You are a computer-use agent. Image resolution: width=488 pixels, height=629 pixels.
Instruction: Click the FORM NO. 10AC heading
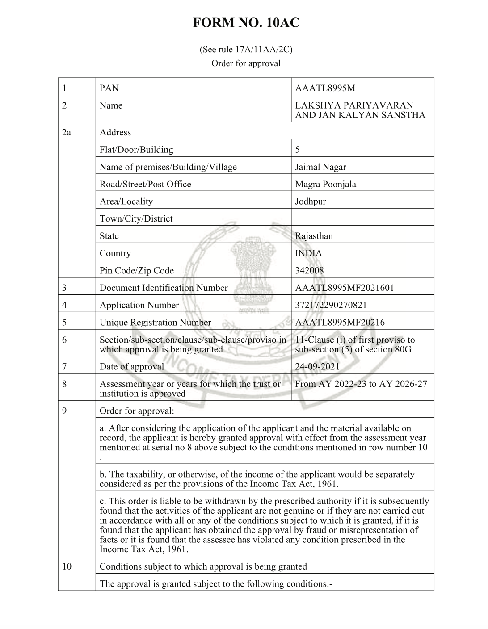point(246,23)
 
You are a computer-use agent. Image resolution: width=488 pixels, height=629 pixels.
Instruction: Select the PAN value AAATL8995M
point(325,88)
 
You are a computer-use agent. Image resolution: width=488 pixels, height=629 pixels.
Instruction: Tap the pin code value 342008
point(309,270)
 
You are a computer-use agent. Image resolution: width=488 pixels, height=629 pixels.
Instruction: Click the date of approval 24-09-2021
point(317,367)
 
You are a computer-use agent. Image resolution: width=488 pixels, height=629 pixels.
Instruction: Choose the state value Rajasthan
point(314,236)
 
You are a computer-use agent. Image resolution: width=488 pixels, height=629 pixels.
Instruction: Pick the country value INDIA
point(308,253)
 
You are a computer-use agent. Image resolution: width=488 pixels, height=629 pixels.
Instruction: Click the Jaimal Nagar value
point(320,167)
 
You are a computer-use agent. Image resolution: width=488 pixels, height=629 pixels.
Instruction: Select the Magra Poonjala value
point(325,184)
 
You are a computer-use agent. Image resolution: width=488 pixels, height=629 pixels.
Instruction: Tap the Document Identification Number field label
point(164,288)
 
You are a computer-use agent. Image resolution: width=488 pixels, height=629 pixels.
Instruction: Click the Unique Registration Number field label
point(155,323)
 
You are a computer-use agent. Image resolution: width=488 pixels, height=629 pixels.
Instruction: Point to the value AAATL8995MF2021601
point(344,288)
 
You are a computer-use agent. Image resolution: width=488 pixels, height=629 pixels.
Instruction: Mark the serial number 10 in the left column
point(67,566)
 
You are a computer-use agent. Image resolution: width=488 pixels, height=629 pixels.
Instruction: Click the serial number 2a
point(66,132)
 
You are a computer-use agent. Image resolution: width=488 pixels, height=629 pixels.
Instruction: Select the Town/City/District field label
point(136,218)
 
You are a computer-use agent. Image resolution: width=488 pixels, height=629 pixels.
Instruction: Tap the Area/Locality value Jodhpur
point(310,201)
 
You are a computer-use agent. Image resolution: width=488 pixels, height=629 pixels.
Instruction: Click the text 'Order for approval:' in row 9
point(137,411)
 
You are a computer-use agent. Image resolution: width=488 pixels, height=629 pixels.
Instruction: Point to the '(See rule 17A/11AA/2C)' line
point(246,49)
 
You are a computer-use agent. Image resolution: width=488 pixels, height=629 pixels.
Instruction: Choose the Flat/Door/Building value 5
point(298,150)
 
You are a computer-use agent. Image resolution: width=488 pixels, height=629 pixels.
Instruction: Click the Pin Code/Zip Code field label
point(136,270)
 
